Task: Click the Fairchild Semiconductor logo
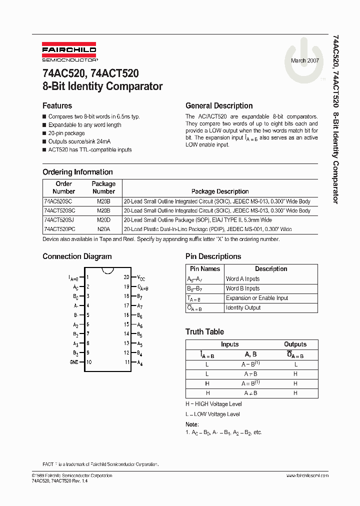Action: [x=69, y=53]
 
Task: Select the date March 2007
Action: [x=305, y=60]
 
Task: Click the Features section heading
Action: [x=57, y=106]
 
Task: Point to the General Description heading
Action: [x=219, y=106]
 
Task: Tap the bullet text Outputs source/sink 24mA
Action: [x=79, y=141]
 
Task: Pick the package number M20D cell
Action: [x=103, y=220]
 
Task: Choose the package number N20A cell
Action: [x=103, y=229]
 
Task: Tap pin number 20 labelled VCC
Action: [x=126, y=277]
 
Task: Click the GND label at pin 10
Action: [x=73, y=362]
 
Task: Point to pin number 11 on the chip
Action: [x=127, y=362]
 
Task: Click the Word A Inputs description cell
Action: [x=243, y=279]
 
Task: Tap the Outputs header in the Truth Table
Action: [x=295, y=344]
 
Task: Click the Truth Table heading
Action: [x=204, y=332]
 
